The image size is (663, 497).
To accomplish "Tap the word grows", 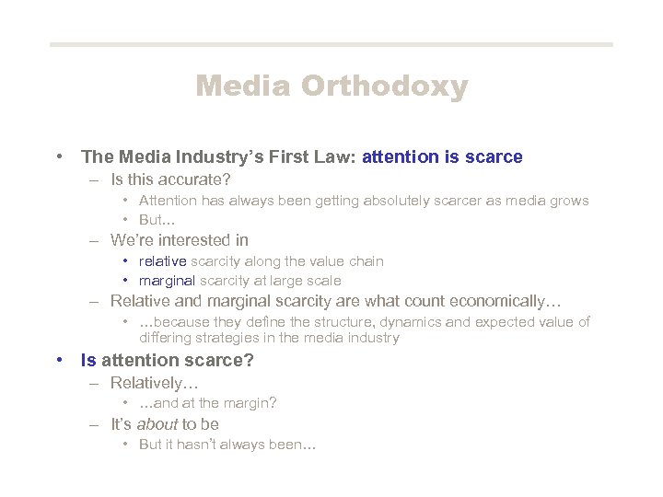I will click(569, 201).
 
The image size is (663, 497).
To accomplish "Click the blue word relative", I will click(162, 261).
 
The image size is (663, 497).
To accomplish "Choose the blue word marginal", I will click(167, 281).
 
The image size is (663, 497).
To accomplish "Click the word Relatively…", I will click(155, 382).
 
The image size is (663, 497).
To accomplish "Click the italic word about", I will click(157, 424).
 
